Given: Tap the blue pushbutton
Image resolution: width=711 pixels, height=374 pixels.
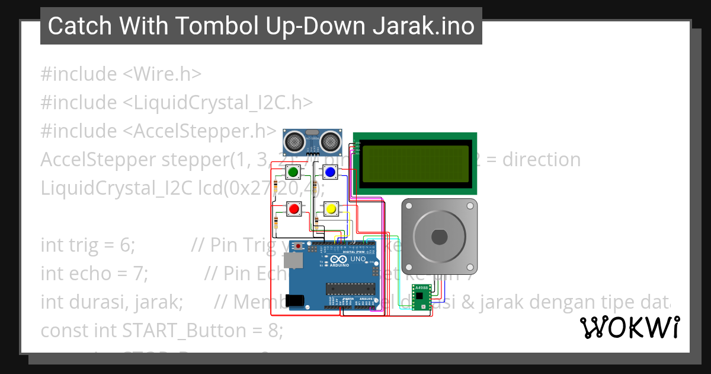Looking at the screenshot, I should [330, 173].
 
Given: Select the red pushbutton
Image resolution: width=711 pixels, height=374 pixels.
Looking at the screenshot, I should [293, 209].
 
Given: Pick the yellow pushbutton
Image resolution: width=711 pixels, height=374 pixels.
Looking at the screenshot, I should [330, 209].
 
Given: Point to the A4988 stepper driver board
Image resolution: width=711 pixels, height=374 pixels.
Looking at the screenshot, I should [421, 297].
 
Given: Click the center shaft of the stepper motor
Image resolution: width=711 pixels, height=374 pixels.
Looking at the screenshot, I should [439, 236].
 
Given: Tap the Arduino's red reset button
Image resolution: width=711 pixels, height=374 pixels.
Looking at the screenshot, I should [299, 246].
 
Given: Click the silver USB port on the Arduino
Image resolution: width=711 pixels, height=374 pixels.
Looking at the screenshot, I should [292, 260].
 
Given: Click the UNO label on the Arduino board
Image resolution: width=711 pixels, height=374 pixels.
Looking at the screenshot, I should [358, 259].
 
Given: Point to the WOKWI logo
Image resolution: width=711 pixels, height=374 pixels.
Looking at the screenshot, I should [630, 328].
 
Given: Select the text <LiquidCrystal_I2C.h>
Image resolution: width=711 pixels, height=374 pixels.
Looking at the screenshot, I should [217, 103].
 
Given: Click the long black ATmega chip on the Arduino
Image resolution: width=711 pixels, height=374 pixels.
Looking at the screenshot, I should [351, 289].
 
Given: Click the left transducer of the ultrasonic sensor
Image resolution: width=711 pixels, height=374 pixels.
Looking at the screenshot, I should [294, 141].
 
